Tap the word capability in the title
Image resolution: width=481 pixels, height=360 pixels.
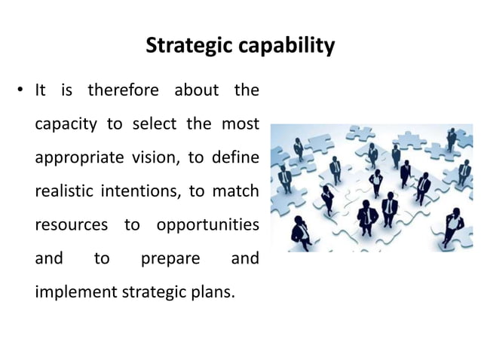click(x=288, y=47)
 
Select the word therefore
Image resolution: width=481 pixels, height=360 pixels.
click(x=123, y=91)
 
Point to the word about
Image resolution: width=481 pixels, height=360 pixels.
click(x=196, y=91)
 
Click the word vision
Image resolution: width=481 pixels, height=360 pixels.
click(x=156, y=159)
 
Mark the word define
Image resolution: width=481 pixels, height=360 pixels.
click(x=234, y=159)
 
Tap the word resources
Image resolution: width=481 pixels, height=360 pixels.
click(x=71, y=227)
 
